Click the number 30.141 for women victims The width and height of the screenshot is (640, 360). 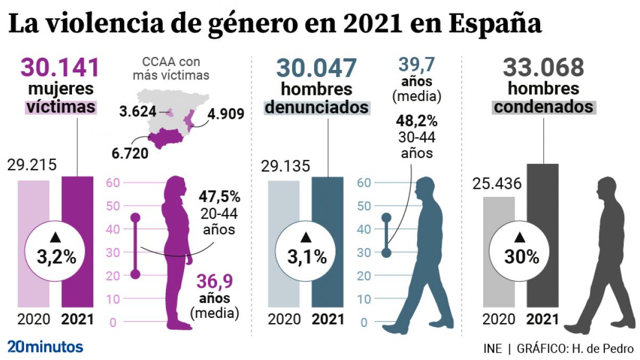pyautogui.click(x=60, y=68)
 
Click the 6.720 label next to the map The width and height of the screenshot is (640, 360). pyautogui.click(x=130, y=153)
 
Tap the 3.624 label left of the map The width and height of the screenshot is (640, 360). pyautogui.click(x=138, y=112)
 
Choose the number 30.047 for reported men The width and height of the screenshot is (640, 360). pyautogui.click(x=316, y=68)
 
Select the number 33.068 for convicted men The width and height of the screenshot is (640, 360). pyautogui.click(x=543, y=68)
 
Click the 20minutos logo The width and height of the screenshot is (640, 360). pyautogui.click(x=45, y=347)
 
